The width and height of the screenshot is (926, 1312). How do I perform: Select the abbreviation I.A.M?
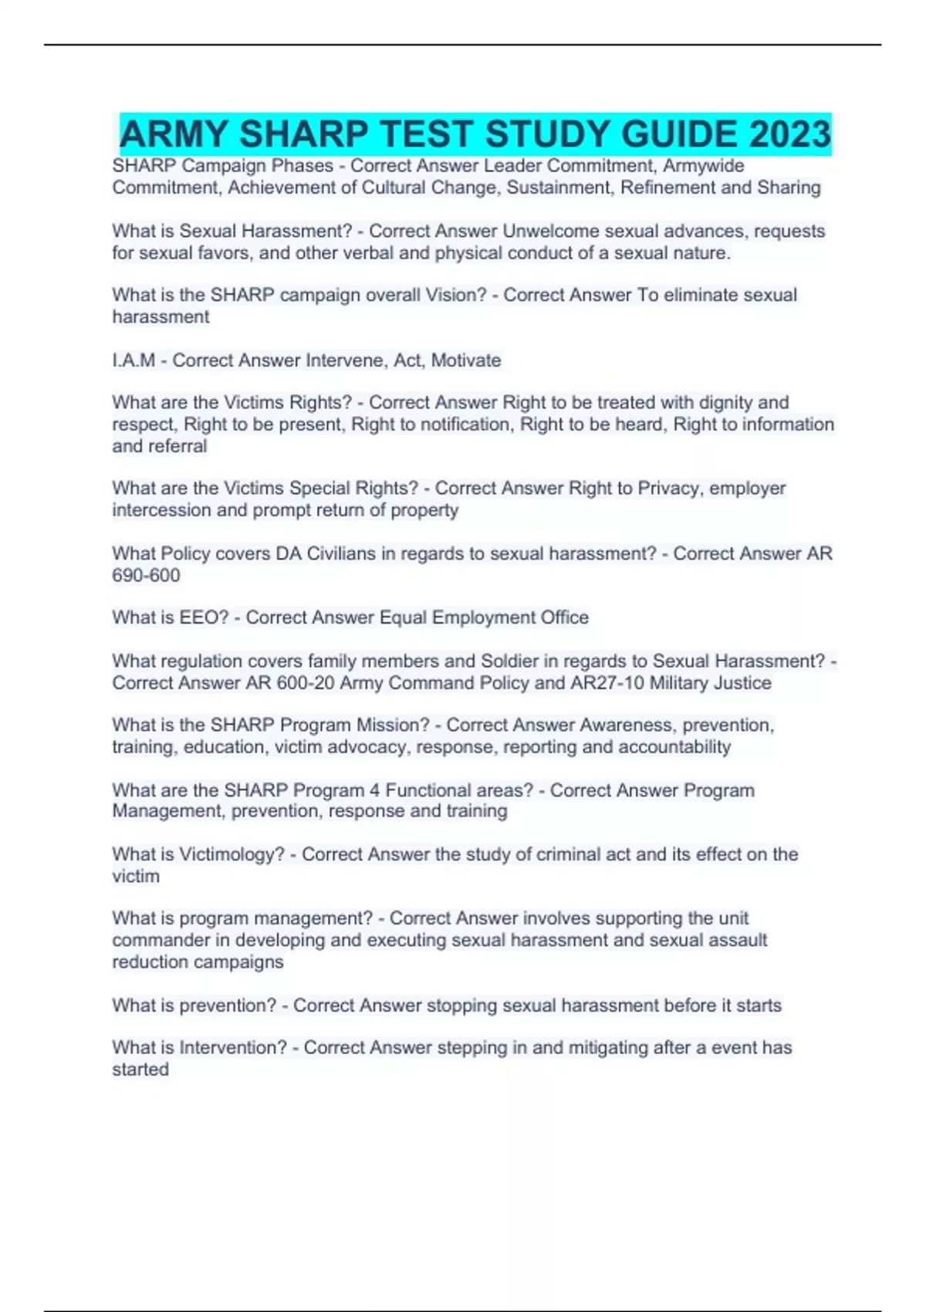pyautogui.click(x=133, y=360)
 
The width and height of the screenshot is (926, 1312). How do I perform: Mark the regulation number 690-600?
pyautogui.click(x=146, y=576)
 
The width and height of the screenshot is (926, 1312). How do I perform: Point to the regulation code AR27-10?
pyautogui.click(x=611, y=683)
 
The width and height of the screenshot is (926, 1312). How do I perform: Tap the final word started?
pyautogui.click(x=140, y=1070)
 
